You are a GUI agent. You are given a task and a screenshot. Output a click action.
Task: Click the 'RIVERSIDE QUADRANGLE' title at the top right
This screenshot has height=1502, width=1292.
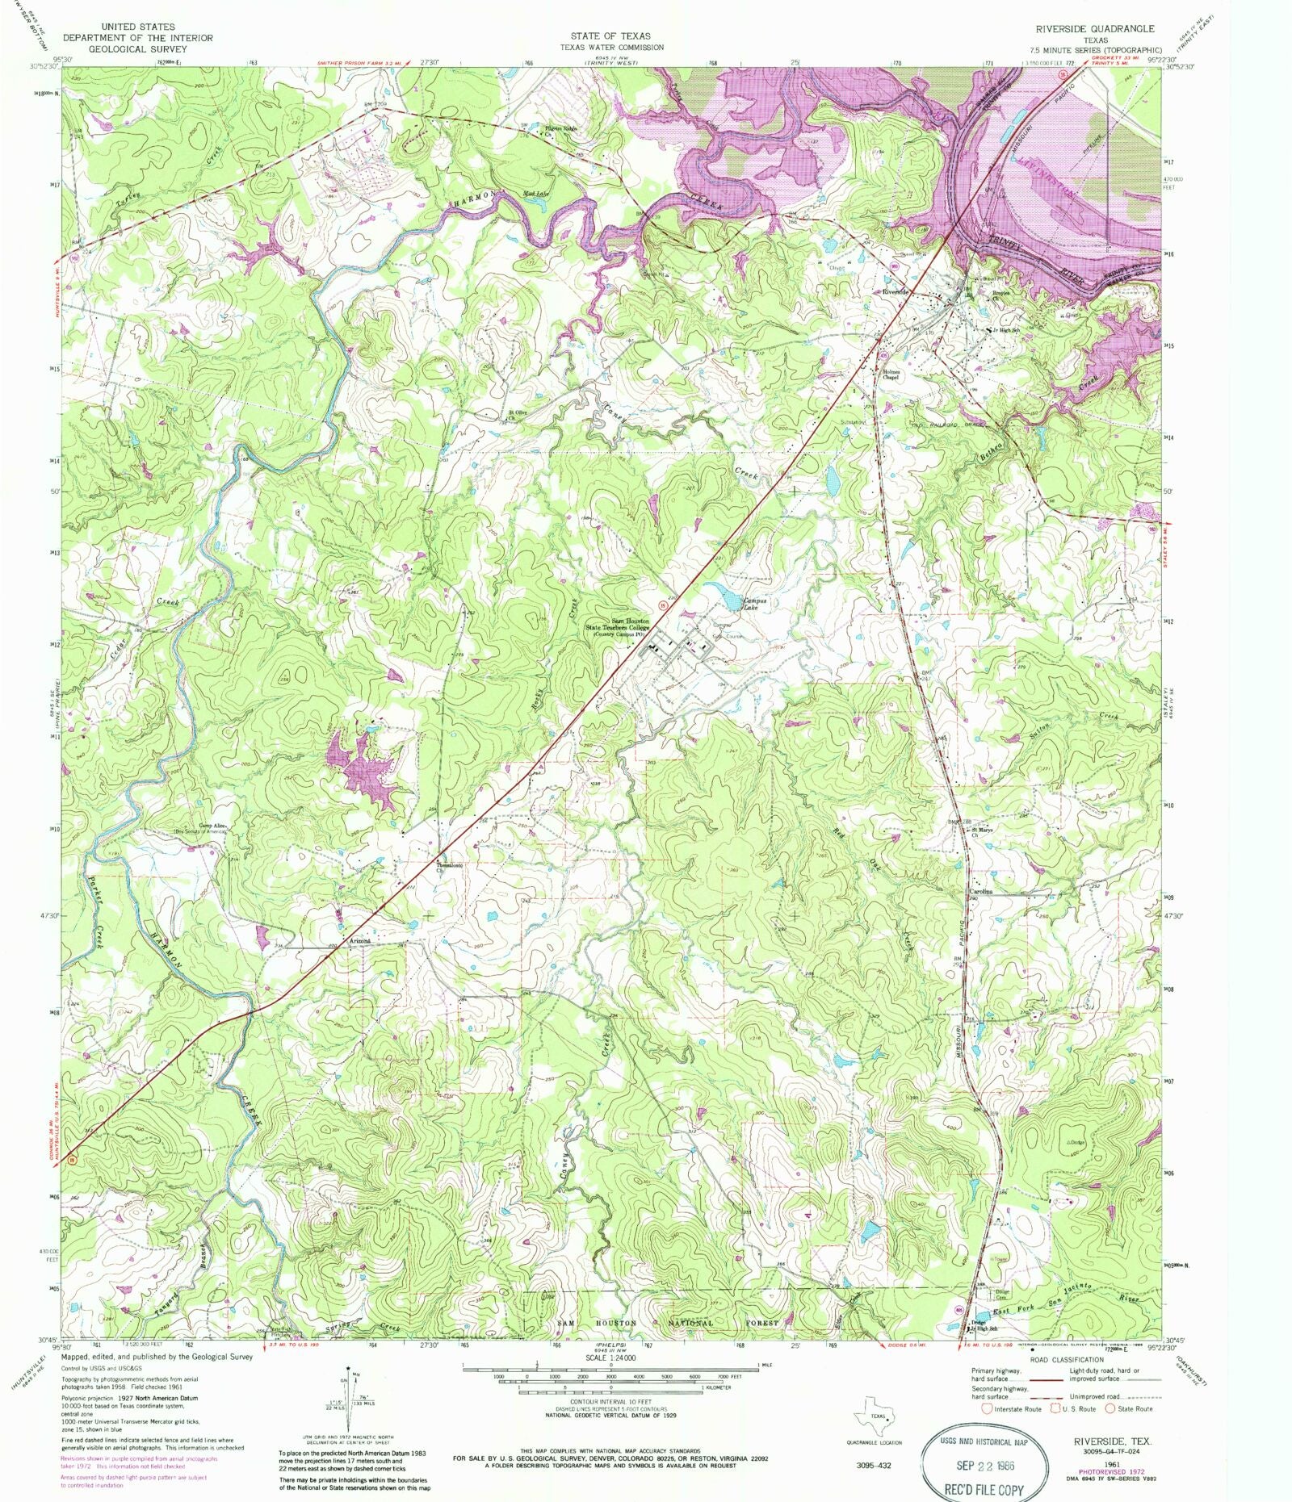click(x=1095, y=28)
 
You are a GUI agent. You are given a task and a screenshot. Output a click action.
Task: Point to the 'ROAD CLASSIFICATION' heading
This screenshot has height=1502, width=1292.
click(x=1065, y=1360)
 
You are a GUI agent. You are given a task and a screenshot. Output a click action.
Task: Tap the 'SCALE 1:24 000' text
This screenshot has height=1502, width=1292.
click(x=610, y=1359)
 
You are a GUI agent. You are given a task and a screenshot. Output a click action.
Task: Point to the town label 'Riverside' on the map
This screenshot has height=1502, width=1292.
click(x=896, y=291)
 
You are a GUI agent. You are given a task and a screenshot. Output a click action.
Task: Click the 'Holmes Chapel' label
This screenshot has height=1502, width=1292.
click(x=891, y=374)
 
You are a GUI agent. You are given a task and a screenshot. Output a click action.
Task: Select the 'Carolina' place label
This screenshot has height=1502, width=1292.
click(x=979, y=891)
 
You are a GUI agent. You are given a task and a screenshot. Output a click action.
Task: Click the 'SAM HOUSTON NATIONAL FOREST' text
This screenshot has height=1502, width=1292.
click(x=668, y=1324)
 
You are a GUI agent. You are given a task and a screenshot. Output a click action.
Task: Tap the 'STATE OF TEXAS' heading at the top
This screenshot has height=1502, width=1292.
click(x=610, y=36)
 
